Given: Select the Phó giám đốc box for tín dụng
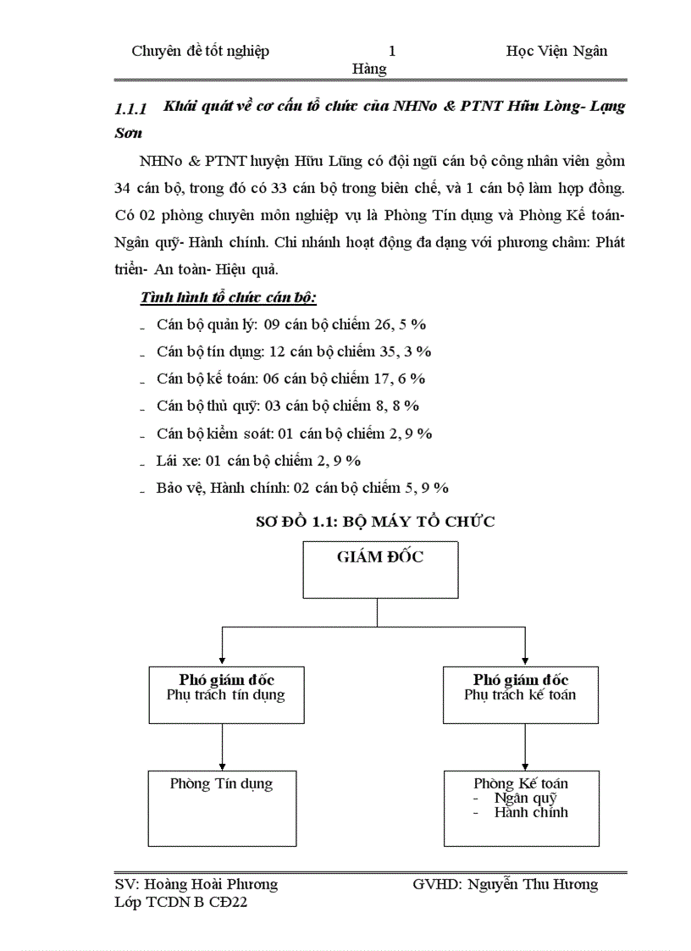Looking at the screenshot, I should coord(226,694).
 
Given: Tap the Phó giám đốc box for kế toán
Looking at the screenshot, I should coord(520,694).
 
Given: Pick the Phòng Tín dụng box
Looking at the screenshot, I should coord(222,807).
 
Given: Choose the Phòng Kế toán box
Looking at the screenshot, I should coord(521,807).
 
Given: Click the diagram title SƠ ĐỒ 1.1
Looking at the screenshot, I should coord(375,522).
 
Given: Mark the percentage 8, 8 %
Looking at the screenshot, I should coord(391,406).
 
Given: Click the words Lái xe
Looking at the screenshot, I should coord(176,461).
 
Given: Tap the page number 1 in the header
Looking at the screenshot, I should coord(391,51).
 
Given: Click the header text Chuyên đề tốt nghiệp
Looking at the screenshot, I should coord(201,51).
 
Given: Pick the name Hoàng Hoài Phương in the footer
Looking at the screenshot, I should coord(212,884).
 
